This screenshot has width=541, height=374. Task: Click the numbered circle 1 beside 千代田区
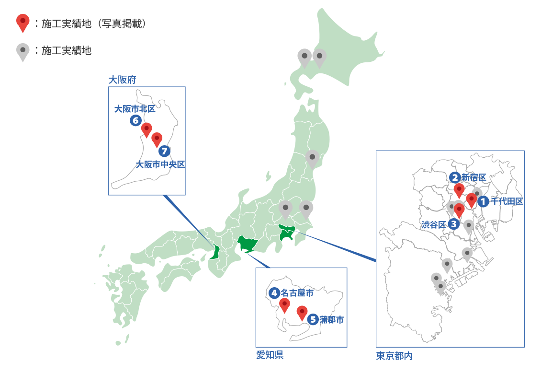pyautogui.click(x=483, y=201)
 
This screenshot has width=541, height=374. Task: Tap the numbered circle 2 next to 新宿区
pyautogui.click(x=455, y=178)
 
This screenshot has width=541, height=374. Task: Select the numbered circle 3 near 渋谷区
pyautogui.click(x=454, y=223)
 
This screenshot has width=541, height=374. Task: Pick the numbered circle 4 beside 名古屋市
pyautogui.click(x=274, y=293)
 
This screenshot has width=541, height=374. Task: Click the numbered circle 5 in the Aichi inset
pyautogui.click(x=313, y=319)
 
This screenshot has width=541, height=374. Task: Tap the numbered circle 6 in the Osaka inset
pyautogui.click(x=135, y=121)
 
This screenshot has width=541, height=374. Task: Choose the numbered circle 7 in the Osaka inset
pyautogui.click(x=165, y=152)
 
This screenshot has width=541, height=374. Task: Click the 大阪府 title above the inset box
pyautogui.click(x=122, y=80)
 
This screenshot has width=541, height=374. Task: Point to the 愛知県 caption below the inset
pyautogui.click(x=270, y=355)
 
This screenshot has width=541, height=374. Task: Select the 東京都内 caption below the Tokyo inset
pyautogui.click(x=394, y=356)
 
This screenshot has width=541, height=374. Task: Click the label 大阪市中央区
pyautogui.click(x=161, y=164)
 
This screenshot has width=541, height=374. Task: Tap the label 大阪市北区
pyautogui.click(x=135, y=109)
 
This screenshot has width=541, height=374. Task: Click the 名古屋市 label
pyautogui.click(x=297, y=293)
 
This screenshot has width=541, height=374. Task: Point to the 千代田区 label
pyautogui.click(x=507, y=201)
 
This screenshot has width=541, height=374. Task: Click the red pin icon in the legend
pyautogui.click(x=23, y=23)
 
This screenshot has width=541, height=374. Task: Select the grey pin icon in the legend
pyautogui.click(x=23, y=51)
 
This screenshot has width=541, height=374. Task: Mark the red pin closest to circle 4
pyautogui.click(x=285, y=305)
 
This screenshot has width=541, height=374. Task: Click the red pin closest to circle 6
pyautogui.click(x=147, y=129)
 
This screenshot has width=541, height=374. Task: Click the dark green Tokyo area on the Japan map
pyautogui.click(x=287, y=234)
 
